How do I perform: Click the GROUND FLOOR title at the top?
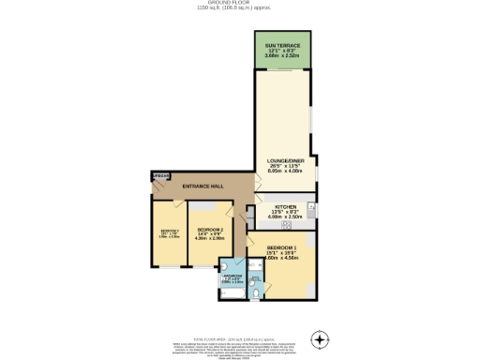[239, 4]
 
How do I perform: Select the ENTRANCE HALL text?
[202, 186]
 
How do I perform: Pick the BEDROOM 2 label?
[210, 230]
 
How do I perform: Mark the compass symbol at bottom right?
[321, 338]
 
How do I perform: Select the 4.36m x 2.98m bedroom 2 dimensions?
[210, 237]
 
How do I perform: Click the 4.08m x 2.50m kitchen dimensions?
[285, 217]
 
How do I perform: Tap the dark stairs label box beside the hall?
[162, 175]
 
